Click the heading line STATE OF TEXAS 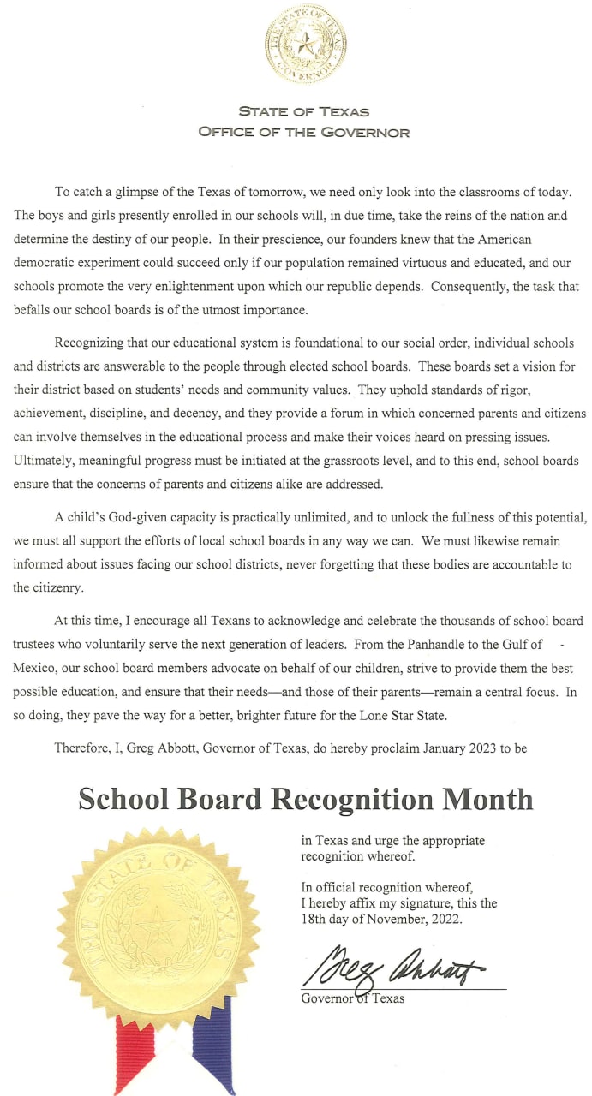[303, 112]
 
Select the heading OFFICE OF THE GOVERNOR [303, 133]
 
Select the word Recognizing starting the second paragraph [91, 342]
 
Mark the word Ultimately [43, 461]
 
